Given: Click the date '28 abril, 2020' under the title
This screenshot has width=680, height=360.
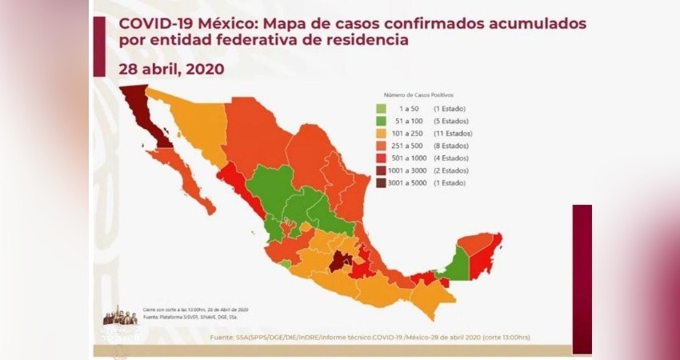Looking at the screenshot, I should click(171, 70).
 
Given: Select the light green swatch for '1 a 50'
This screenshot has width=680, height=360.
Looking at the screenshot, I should click(382, 109).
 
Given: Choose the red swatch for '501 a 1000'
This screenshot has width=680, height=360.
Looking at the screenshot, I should click(382, 158).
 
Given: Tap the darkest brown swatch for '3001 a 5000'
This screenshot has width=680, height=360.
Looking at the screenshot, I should click(382, 183).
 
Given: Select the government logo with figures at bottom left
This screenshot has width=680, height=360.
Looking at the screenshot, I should click(121, 316).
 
